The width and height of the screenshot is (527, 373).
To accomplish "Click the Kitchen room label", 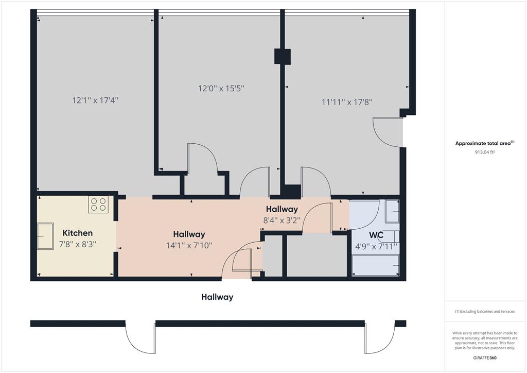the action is click(x=78, y=233).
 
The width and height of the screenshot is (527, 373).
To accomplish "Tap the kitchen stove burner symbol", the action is click(x=98, y=205).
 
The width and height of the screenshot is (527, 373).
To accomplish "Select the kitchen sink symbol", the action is click(x=45, y=236).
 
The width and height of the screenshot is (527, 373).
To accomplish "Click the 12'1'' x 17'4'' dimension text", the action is click(x=95, y=100).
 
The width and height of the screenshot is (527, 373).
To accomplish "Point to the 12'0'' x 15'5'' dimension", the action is click(x=221, y=89).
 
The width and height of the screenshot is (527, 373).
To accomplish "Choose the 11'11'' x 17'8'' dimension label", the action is click(x=347, y=102).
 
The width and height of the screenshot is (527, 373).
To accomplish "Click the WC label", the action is click(x=376, y=235).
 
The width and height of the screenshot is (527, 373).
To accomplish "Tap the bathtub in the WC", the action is click(x=375, y=265).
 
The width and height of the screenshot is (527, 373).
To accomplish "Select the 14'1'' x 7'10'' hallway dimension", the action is click(x=189, y=246).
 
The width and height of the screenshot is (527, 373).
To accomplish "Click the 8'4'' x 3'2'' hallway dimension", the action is click(x=282, y=221).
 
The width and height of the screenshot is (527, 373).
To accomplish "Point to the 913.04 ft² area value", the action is click(x=485, y=152).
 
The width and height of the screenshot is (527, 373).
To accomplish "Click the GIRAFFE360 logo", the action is click(x=485, y=358).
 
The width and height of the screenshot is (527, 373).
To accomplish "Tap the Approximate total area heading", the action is click(x=485, y=143).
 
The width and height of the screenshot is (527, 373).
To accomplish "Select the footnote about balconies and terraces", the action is click(x=485, y=312).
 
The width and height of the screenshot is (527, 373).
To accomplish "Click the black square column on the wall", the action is click(x=283, y=57).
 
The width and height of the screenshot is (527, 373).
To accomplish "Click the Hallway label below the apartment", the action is click(x=217, y=297).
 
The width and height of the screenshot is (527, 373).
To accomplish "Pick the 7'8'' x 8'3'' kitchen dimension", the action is click(x=78, y=244).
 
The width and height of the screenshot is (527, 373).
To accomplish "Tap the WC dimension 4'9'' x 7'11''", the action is click(x=376, y=247).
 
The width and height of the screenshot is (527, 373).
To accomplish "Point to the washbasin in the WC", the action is click(x=392, y=211).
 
